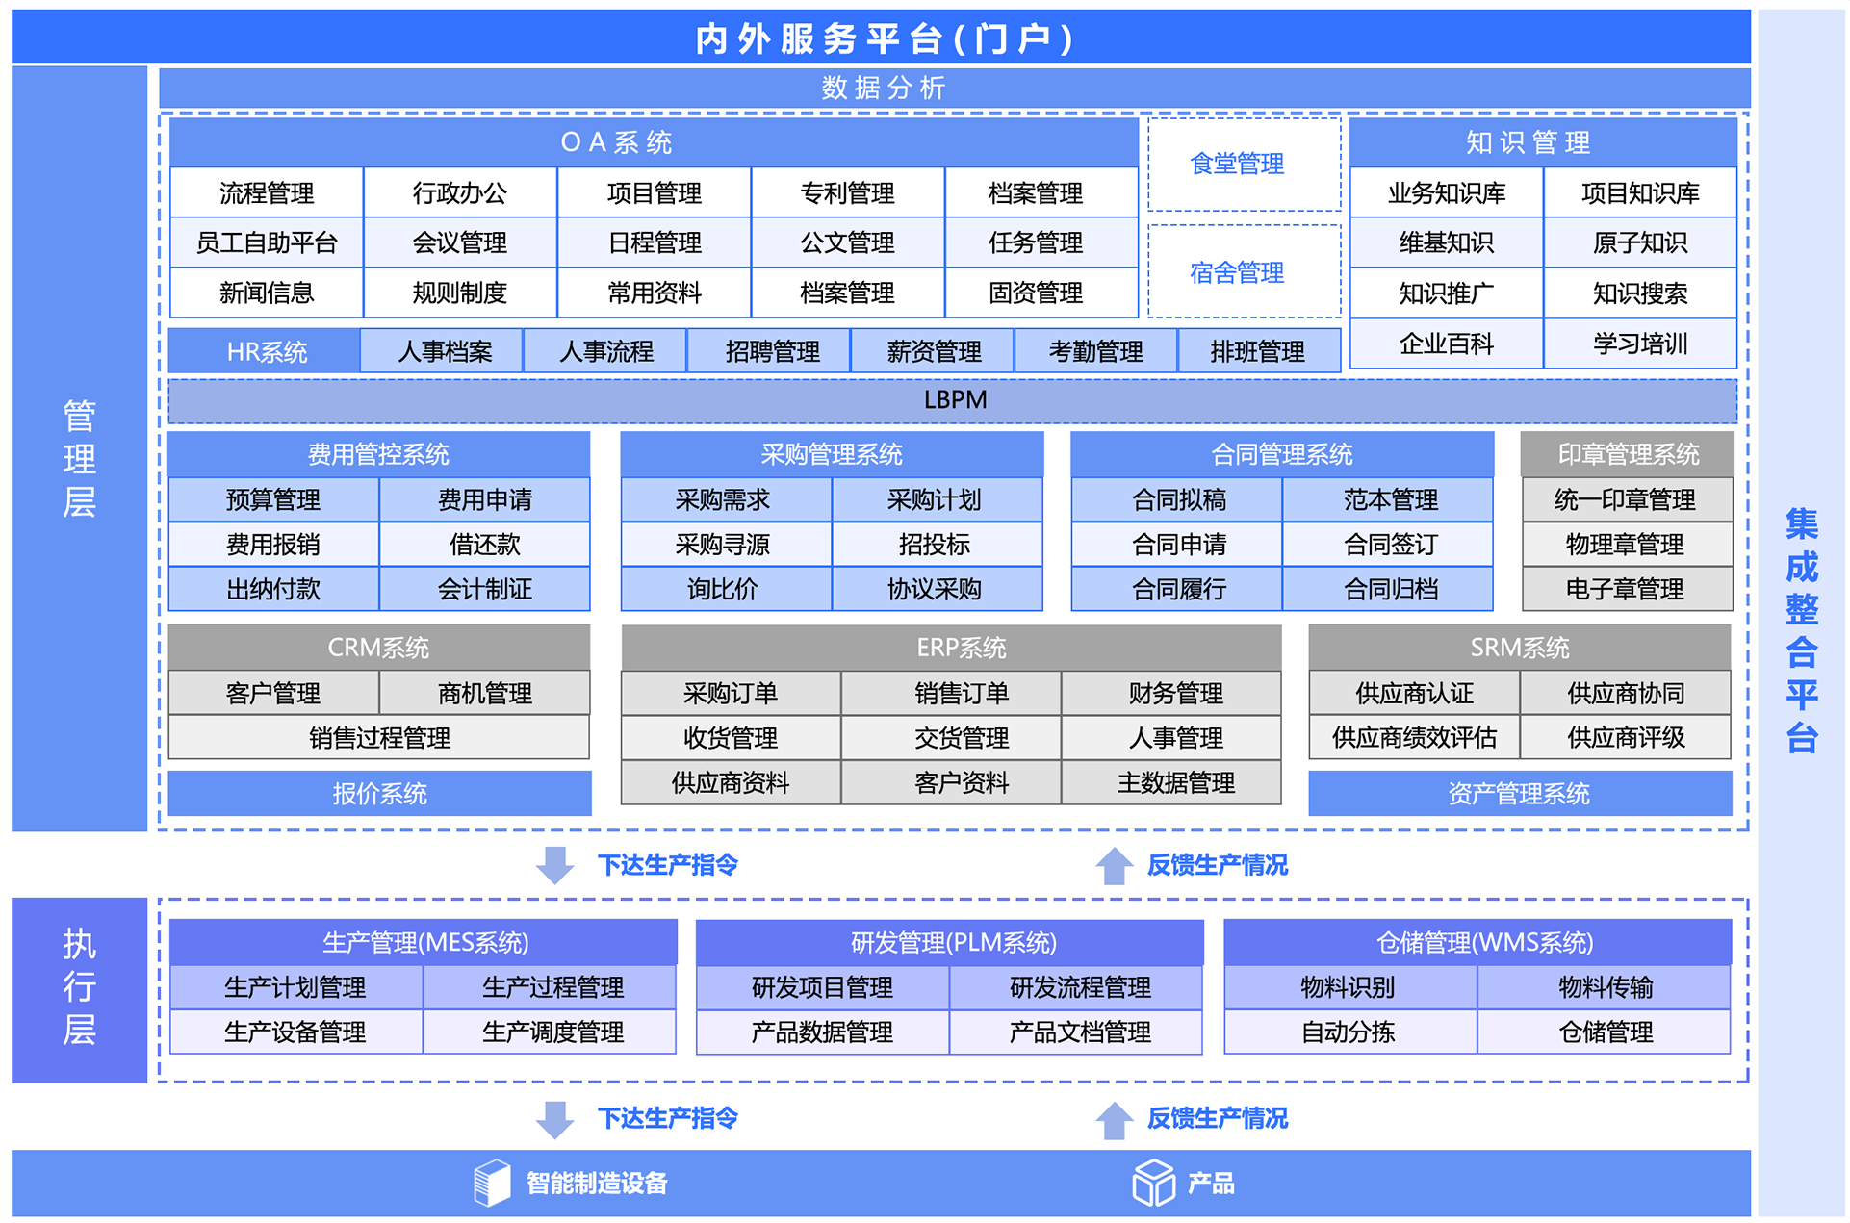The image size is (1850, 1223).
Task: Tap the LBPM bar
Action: click(x=953, y=400)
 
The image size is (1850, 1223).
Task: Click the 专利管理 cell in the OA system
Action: click(x=847, y=193)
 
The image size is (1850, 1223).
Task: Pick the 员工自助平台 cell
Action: click(x=267, y=243)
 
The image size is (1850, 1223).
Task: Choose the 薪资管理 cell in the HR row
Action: click(x=933, y=351)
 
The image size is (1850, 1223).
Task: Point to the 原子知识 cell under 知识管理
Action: click(x=1639, y=243)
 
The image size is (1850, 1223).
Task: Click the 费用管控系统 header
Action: click(x=378, y=454)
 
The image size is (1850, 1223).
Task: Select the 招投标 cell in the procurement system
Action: click(x=935, y=545)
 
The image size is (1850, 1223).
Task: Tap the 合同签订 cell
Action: click(x=1389, y=545)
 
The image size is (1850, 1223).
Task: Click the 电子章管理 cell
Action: click(x=1625, y=589)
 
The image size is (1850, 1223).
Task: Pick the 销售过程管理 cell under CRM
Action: click(x=379, y=738)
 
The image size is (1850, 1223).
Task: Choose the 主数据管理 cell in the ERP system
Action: click(x=1174, y=783)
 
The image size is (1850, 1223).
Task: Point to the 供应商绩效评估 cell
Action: click(x=1413, y=738)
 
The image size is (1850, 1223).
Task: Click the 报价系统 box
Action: click(x=379, y=794)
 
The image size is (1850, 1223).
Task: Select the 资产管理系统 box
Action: click(x=1518, y=794)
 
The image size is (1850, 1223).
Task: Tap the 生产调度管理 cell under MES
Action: click(x=552, y=1032)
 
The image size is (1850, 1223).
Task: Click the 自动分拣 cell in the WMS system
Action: click(x=1348, y=1032)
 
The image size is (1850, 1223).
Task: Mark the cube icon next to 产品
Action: click(x=1153, y=1183)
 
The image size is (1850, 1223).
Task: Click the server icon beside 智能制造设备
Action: click(x=492, y=1183)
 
